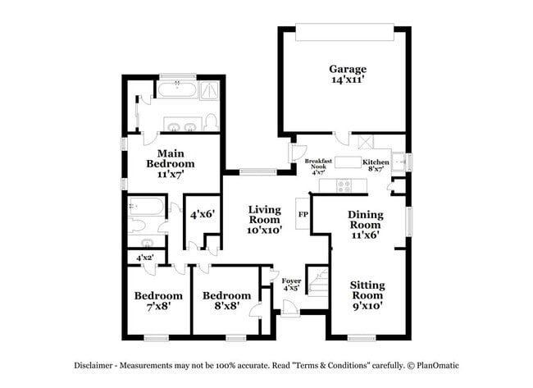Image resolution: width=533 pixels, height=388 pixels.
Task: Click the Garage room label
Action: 348,75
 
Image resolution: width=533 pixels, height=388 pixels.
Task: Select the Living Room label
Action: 266,220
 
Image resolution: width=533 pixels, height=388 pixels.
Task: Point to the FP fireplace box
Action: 302,213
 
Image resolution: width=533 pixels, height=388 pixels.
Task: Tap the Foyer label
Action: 291,284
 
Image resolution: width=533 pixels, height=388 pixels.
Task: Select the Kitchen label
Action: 376,165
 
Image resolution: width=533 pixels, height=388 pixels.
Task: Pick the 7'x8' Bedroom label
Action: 158,301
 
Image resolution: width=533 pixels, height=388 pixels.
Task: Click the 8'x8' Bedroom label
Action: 226,301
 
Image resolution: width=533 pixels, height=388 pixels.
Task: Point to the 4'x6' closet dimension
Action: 202,215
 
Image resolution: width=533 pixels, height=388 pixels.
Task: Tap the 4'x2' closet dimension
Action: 144,258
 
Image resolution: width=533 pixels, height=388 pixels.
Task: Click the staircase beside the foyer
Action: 318,282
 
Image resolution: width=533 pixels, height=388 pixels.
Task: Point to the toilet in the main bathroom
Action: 211,123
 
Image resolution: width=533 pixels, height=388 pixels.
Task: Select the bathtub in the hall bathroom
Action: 146,205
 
